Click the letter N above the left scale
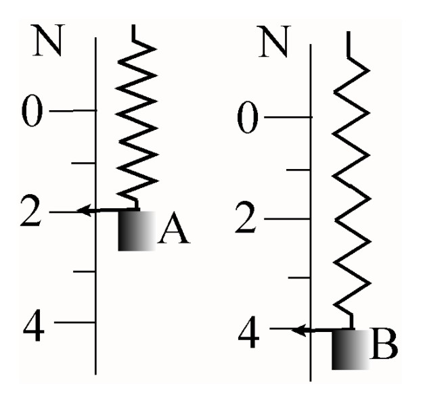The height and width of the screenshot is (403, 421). [47, 41]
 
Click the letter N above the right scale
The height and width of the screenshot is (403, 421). [274, 41]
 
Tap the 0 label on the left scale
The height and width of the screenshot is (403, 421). [32, 110]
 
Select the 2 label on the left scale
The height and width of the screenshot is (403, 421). [31, 210]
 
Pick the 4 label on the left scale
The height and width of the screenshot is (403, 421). [33, 325]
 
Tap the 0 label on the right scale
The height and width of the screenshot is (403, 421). [248, 117]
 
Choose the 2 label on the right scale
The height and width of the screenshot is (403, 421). [246, 217]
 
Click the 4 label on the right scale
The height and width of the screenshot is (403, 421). [248, 332]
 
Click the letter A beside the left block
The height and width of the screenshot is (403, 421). [174, 227]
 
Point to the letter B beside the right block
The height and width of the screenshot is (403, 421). [384, 343]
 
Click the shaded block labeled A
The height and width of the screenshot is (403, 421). [137, 231]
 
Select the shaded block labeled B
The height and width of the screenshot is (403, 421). [350, 350]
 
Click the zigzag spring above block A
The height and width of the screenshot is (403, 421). [137, 118]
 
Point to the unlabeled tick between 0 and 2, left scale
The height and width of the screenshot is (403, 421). [83, 163]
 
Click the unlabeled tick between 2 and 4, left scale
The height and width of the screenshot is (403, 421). [85, 272]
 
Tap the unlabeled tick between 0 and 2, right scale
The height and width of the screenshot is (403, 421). [298, 170]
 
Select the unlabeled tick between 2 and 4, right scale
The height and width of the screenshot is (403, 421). [299, 277]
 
